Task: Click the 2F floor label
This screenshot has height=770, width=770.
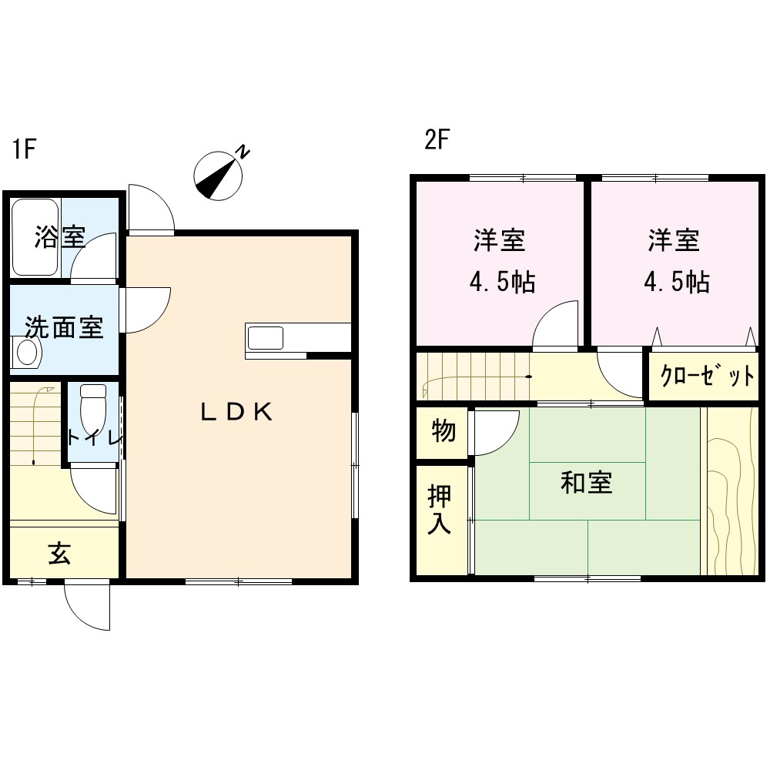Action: pyautogui.click(x=437, y=139)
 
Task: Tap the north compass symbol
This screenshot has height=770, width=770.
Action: pyautogui.click(x=219, y=174)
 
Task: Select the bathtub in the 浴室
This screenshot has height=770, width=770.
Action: pyautogui.click(x=35, y=237)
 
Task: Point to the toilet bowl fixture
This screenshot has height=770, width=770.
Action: pyautogui.click(x=93, y=407)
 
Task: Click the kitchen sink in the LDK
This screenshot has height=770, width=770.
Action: pyautogui.click(x=265, y=338)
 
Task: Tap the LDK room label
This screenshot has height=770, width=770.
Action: pyautogui.click(x=236, y=412)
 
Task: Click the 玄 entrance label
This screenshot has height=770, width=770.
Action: pyautogui.click(x=59, y=553)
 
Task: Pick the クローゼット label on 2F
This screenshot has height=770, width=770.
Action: pyautogui.click(x=707, y=376)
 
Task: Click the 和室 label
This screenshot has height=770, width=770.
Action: pyautogui.click(x=586, y=483)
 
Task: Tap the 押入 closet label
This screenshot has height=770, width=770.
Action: pyautogui.click(x=439, y=509)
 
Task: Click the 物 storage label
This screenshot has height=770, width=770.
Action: pyautogui.click(x=444, y=431)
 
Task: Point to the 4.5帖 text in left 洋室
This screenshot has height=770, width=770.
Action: pyautogui.click(x=502, y=283)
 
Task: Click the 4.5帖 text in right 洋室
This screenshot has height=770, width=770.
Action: pyautogui.click(x=677, y=283)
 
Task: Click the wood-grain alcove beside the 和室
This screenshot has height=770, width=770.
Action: pyautogui.click(x=731, y=491)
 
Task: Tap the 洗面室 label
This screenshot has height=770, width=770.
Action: pyautogui.click(x=64, y=327)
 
